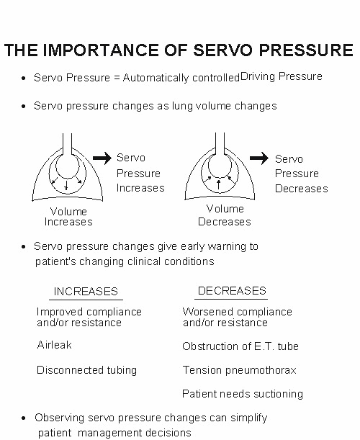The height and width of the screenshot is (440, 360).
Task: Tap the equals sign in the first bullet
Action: tap(117, 78)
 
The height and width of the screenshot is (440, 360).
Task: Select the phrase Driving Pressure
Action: tap(281, 76)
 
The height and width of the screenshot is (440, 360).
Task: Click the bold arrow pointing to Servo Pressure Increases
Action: tap(102, 158)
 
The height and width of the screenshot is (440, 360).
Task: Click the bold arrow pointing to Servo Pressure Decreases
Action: tap(259, 158)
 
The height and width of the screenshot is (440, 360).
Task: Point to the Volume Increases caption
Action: tap(68, 217)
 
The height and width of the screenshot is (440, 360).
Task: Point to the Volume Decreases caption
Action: tap(225, 215)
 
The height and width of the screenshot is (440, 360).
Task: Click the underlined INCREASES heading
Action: tap(86, 292)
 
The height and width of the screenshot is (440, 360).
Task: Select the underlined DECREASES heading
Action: tap(232, 291)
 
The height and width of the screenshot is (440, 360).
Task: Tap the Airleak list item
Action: tap(55, 345)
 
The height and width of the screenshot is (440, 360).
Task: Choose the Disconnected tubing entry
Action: tap(86, 370)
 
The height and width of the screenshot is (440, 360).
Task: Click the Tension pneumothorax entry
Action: tap(239, 370)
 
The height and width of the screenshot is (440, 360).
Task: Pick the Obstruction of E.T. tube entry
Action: tap(240, 346)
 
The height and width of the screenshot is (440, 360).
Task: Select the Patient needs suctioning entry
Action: tap(243, 394)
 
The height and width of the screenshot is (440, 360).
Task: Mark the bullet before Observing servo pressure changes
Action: tap(24, 418)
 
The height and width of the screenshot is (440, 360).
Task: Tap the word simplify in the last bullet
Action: tap(249, 418)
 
